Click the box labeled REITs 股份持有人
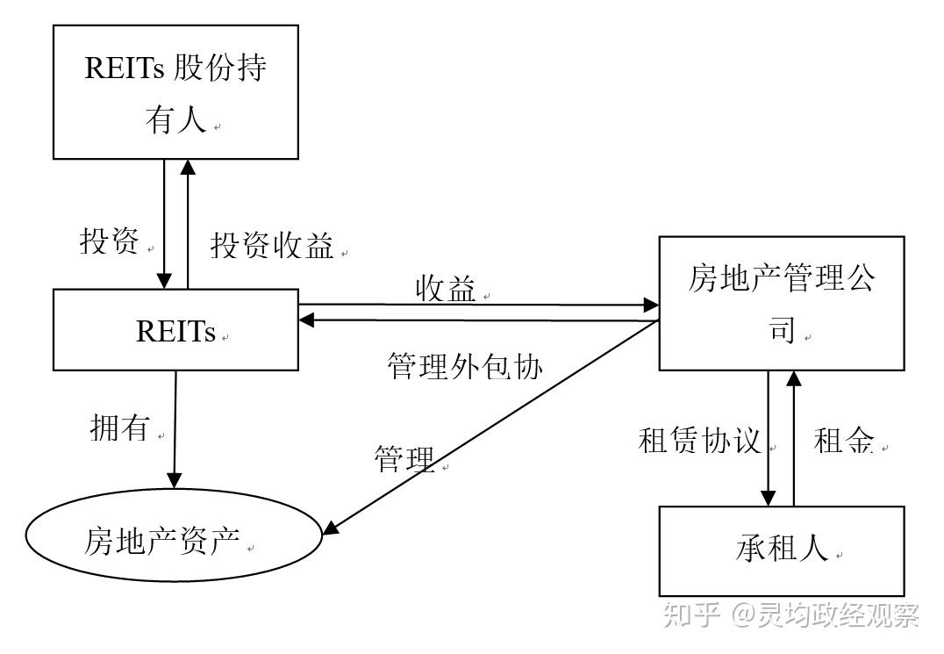coord(175,91)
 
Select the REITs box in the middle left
coord(175,330)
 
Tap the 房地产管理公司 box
coord(781,303)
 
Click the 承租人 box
coord(781,550)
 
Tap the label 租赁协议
coord(699,441)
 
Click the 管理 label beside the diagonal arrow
coord(404,458)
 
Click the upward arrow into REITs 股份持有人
coord(187,224)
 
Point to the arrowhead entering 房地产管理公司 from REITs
coord(650,305)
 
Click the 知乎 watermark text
coord(693,615)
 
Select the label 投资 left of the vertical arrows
coord(110,241)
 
